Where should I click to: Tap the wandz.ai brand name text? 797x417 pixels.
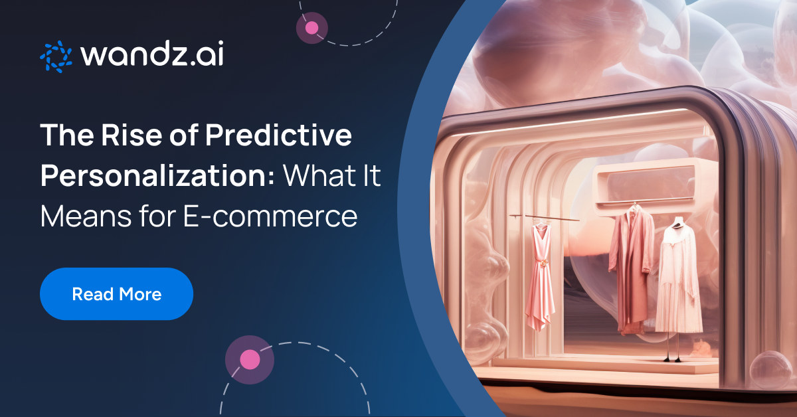click(152, 56)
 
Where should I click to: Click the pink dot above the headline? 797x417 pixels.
click(311, 28)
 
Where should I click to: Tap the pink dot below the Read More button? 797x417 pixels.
click(250, 360)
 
